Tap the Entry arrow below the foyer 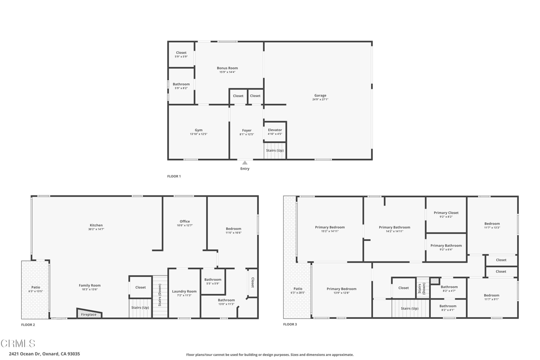pos(245,163)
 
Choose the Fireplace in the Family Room pos(89,314)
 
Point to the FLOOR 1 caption pos(174,176)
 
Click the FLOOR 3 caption pos(290,324)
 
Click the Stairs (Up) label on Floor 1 pos(275,151)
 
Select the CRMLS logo pos(18,343)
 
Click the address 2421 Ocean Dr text pos(44,354)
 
